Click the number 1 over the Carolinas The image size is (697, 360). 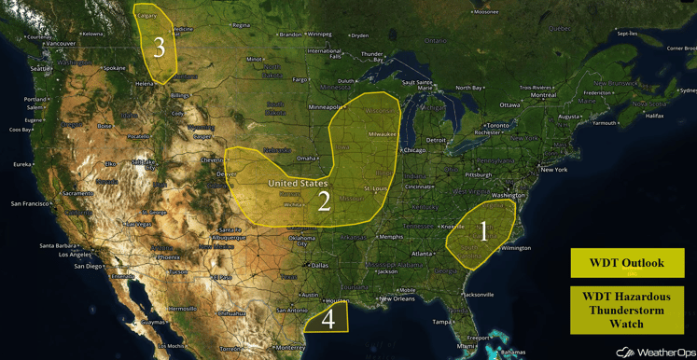coord(482,230)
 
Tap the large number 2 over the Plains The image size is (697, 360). coord(324,201)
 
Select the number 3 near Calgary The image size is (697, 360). coord(159,47)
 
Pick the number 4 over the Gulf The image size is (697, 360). coord(328,319)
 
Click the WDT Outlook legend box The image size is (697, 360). coord(627,263)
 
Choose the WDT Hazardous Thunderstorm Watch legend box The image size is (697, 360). coord(627,311)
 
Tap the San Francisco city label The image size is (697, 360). coord(31,203)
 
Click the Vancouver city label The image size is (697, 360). coord(60,44)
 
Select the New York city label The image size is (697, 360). coord(553,170)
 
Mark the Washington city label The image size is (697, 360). coord(508,195)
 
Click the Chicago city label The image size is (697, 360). coord(413,150)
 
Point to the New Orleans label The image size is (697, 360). coord(397,298)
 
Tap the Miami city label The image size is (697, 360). coord(466,345)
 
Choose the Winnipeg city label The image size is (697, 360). coord(319,35)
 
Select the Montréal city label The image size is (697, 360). coord(543,95)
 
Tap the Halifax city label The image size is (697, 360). coord(654,116)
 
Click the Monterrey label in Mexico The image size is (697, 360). coord(290,347)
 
